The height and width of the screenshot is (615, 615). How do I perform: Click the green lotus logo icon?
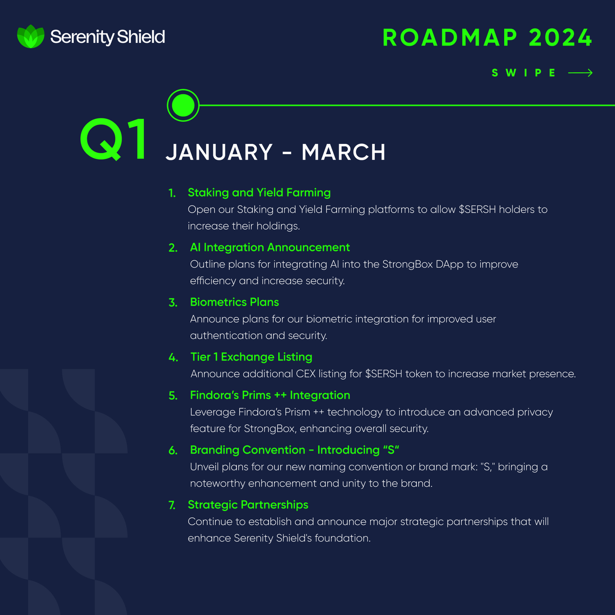(31, 37)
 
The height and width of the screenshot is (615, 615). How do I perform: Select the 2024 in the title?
(560, 38)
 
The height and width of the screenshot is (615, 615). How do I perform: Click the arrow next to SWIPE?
(581, 73)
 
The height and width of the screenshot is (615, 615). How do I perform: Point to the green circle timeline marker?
(183, 106)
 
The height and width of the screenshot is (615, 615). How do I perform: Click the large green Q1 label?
(114, 140)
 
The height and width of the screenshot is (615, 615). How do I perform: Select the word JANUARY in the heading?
(219, 153)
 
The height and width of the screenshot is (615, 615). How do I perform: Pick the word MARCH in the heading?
(343, 153)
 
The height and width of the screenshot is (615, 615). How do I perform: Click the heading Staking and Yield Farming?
(259, 193)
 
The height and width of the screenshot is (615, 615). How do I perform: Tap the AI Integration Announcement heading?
(270, 248)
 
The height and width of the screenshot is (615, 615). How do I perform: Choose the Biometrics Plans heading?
(235, 302)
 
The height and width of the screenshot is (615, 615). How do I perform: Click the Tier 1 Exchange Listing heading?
(251, 357)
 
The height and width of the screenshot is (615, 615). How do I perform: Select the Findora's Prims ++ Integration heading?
(270, 396)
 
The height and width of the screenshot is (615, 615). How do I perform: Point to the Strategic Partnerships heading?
(248, 505)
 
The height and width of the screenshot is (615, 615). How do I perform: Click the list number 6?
(173, 451)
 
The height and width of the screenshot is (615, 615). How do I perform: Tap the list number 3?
(173, 303)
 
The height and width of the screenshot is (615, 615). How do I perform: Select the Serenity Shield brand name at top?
(108, 37)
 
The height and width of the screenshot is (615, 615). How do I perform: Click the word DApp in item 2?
(449, 264)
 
